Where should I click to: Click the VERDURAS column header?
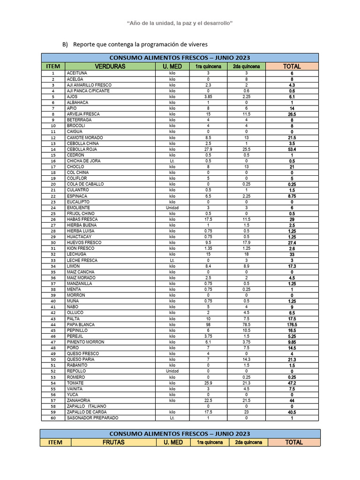click(110, 67)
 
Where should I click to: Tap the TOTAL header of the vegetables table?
click(292, 67)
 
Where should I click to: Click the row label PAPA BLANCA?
click(81, 324)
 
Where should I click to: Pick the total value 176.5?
click(292, 324)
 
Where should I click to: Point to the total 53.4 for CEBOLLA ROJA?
click(292, 149)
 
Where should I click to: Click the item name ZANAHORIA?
click(79, 400)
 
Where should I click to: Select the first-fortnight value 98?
click(209, 324)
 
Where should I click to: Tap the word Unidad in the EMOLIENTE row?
click(172, 208)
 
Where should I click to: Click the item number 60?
click(53, 418)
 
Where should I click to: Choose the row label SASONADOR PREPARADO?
click(92, 418)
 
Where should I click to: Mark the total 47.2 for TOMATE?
click(292, 383)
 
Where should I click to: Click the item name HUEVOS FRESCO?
click(84, 243)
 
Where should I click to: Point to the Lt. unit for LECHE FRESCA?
click(172, 260)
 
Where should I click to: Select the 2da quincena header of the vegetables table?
click(247, 67)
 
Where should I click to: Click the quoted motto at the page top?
click(180, 23)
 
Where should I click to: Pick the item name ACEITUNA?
click(77, 74)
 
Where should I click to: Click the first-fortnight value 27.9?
click(209, 149)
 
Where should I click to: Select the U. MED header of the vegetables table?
click(172, 67)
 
